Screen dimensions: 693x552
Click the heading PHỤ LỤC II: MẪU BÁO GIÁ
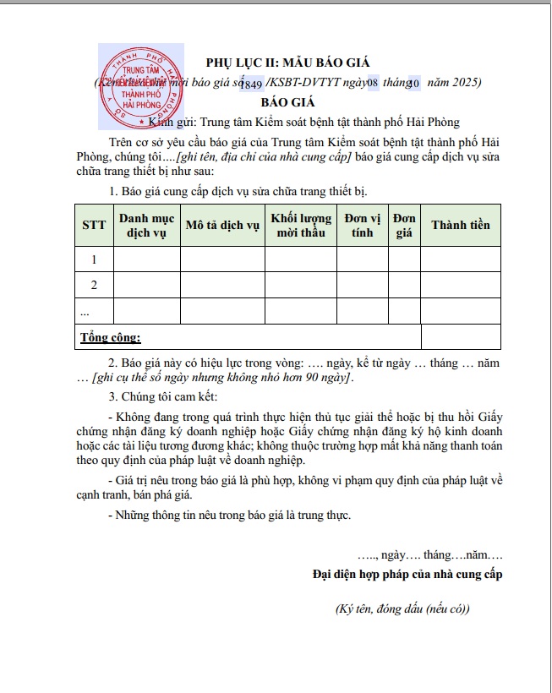click(288, 63)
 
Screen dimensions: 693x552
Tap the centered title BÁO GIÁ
click(287, 102)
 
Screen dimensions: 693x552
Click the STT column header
click(94, 225)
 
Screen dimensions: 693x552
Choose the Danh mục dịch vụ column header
click(146, 225)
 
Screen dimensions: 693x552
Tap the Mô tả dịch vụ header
click(222, 225)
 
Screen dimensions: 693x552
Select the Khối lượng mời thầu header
click(301, 225)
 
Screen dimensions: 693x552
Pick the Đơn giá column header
click(404, 225)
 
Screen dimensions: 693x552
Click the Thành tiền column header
click(460, 225)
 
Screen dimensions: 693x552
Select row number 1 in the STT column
click(94, 259)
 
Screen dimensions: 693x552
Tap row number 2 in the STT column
click(94, 285)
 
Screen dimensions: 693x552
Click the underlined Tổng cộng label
click(111, 338)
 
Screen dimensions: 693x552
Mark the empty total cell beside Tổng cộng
click(460, 337)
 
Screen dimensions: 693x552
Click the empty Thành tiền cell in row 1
click(460, 259)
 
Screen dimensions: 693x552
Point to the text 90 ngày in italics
click(326, 378)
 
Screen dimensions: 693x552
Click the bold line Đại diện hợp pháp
click(407, 575)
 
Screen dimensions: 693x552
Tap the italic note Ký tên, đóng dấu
click(402, 608)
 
